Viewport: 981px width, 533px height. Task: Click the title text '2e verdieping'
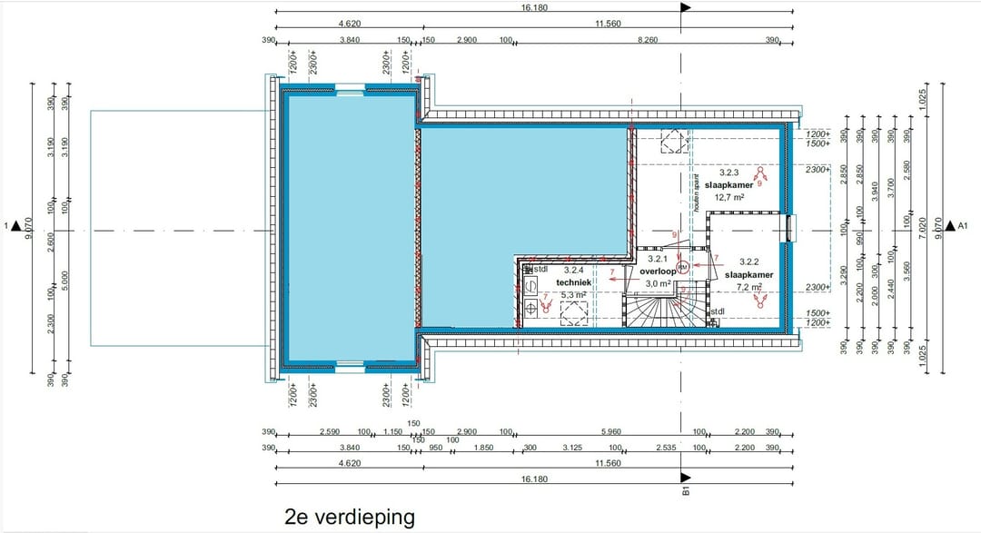pos(349,517)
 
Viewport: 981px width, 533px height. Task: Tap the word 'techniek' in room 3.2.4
pos(574,282)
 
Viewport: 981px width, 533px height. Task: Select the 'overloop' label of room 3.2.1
pos(659,271)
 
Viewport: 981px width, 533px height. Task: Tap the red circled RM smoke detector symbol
pos(682,266)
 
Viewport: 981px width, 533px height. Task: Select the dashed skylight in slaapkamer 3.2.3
pos(673,141)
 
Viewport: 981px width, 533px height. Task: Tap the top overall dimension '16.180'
pos(534,7)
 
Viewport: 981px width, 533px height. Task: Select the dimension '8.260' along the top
pos(649,41)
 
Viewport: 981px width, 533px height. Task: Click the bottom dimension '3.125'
pos(572,448)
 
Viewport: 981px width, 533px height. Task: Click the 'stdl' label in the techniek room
pos(540,269)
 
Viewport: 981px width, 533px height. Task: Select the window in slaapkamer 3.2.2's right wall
pos(789,227)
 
